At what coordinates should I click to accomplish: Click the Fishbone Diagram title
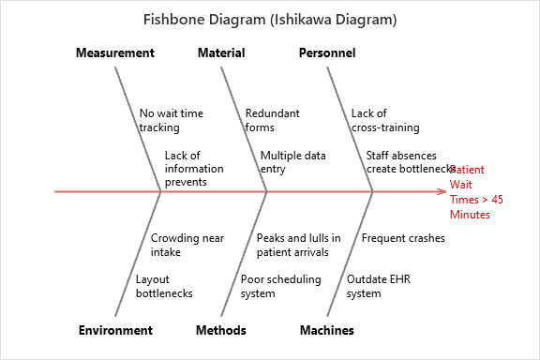269,19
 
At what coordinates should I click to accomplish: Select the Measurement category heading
115,53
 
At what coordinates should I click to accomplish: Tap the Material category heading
221,53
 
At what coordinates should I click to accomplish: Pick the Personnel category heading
327,53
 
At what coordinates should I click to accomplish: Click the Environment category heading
115,330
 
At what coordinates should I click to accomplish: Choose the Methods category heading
221,330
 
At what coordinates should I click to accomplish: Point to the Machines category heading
327,330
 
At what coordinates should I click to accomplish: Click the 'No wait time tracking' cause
171,120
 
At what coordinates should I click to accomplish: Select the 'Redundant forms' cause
272,120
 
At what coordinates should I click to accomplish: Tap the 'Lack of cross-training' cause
385,120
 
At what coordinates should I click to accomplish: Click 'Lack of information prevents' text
194,169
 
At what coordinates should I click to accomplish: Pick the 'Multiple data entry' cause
292,162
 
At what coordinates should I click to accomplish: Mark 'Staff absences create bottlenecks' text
411,162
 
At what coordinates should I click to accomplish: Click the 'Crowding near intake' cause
187,245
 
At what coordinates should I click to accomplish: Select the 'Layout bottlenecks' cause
164,286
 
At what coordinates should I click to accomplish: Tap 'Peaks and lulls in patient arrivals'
298,245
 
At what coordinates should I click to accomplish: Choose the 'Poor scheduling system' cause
280,286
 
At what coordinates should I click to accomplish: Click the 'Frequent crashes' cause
403,238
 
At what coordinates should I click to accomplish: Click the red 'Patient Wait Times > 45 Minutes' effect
476,192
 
